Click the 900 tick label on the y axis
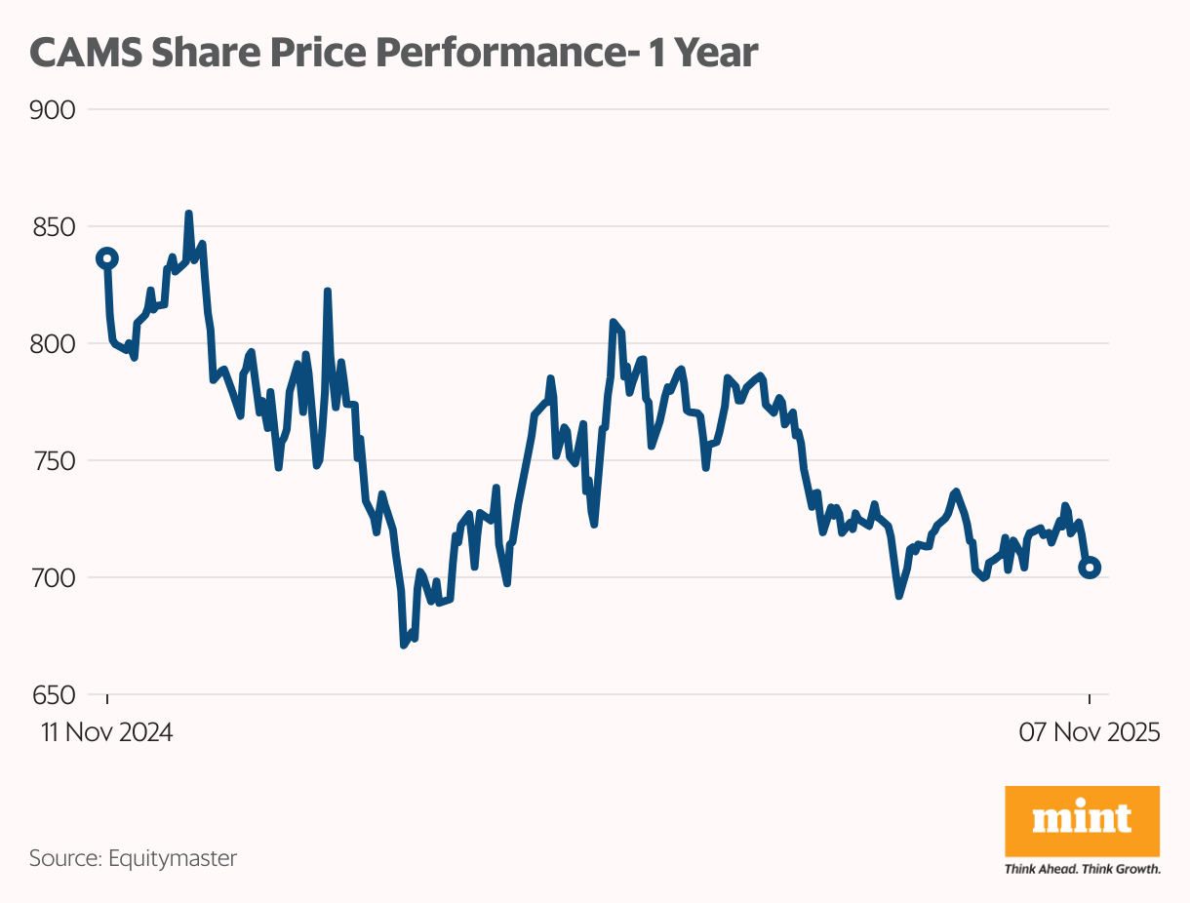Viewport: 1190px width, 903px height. (53, 110)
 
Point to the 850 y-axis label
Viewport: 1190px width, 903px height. (53, 227)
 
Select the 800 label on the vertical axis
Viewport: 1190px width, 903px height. (53, 344)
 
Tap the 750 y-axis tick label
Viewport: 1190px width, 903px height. (53, 461)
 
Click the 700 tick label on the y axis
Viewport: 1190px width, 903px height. (53, 578)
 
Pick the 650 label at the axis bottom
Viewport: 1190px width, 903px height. (53, 695)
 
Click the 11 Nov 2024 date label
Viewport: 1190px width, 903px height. (106, 732)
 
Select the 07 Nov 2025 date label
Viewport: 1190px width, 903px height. (1089, 732)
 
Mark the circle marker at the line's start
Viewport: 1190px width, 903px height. (107, 258)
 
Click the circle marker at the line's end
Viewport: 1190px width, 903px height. (1090, 568)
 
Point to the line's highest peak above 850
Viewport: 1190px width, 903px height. (188, 214)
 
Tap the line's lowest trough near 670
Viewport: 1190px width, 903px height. (404, 645)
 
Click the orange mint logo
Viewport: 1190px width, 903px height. (1082, 822)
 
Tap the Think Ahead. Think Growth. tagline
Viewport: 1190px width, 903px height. (1082, 869)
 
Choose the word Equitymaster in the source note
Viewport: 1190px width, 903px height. (173, 859)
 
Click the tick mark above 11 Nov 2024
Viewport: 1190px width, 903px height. (107, 700)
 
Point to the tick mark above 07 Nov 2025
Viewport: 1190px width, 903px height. (1090, 700)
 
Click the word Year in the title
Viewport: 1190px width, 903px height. (716, 53)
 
